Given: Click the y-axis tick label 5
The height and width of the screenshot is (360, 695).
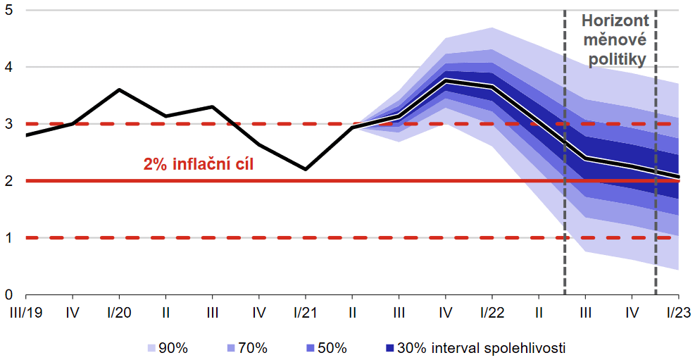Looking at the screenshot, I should [x=8, y=11].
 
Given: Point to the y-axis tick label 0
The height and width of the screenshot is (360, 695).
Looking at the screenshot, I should [x=8, y=294].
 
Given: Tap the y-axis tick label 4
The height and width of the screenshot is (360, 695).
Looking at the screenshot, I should [x=8, y=67].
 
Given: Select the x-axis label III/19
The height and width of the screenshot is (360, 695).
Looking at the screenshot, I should [x=25, y=311].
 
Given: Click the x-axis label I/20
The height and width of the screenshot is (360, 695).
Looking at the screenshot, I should [x=118, y=311].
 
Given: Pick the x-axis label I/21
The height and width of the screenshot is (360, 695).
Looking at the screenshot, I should [x=305, y=311].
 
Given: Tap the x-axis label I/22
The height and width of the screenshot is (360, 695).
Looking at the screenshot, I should [x=491, y=311].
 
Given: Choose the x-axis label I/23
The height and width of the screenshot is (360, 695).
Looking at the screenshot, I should [x=677, y=311].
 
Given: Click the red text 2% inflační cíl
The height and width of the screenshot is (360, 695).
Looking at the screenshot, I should [x=198, y=166].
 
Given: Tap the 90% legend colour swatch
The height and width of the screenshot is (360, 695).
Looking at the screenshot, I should [x=151, y=348].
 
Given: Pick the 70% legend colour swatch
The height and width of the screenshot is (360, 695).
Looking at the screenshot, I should [x=231, y=348].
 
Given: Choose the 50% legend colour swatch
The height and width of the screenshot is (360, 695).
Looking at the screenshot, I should [x=311, y=348].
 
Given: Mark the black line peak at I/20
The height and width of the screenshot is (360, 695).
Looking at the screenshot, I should [x=118, y=89].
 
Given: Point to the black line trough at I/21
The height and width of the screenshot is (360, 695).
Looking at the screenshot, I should [x=305, y=169].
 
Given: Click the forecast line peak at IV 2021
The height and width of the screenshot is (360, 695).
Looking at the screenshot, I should [x=444, y=80].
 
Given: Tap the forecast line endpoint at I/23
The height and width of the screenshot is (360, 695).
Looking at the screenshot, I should [x=677, y=176].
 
